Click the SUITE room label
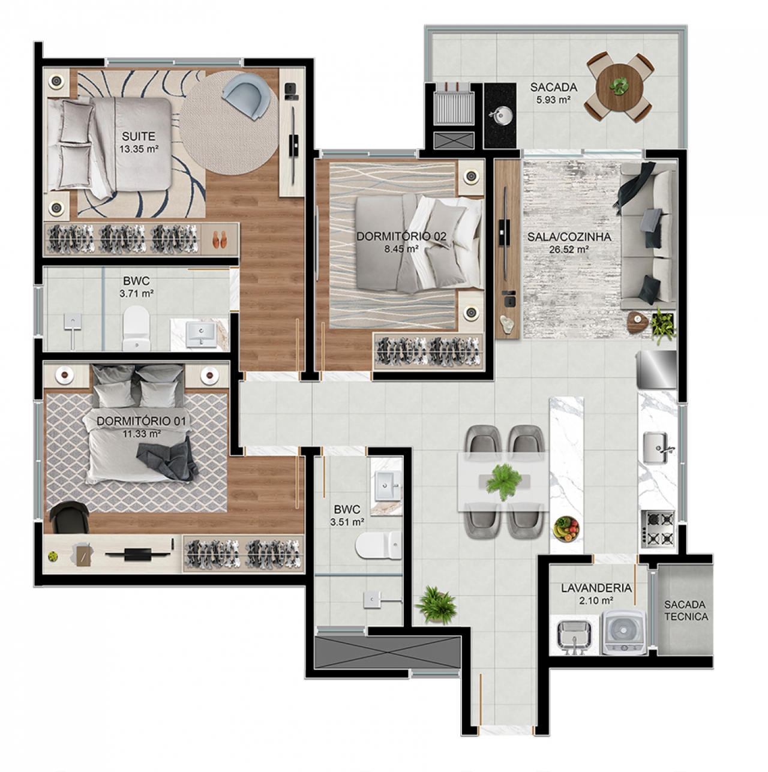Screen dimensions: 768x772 [139, 136]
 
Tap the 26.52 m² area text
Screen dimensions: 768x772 [569, 250]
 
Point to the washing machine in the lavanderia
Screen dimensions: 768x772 [624, 632]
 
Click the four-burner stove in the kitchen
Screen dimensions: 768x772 [659, 529]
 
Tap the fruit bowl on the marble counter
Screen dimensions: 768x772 [567, 529]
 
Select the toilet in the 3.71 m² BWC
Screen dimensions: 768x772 [136, 328]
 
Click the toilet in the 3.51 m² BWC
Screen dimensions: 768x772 [379, 545]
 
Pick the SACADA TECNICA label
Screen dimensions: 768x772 [686, 611]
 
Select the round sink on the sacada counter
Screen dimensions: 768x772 [500, 116]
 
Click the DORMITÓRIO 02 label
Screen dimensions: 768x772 [401, 236]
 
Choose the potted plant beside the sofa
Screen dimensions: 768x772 [664, 325]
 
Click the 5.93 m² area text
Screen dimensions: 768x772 [554, 100]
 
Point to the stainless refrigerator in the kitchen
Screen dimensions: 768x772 [656, 370]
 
